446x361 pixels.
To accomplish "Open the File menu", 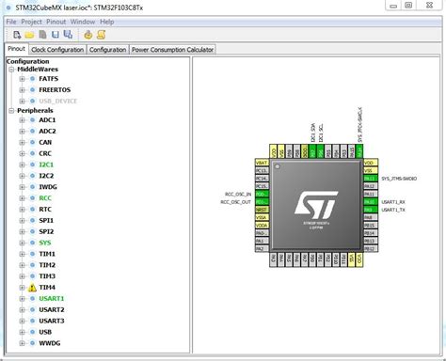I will (x=11, y=21).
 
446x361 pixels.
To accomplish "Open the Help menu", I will (x=107, y=21).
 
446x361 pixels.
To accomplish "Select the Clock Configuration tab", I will (x=57, y=49).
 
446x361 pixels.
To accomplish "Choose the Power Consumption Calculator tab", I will (x=172, y=49).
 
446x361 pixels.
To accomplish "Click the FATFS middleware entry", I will (x=49, y=79).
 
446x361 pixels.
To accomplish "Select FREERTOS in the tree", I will (x=54, y=90).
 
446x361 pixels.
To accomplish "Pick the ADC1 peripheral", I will (x=47, y=120).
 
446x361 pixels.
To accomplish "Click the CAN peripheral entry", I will (x=45, y=143).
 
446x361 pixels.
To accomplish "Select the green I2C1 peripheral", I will (x=47, y=165).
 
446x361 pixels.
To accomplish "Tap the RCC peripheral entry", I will (x=45, y=198).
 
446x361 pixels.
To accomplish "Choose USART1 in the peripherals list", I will (x=52, y=299).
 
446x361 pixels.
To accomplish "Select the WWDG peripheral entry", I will (x=49, y=343).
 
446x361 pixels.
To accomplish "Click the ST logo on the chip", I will (x=310, y=205).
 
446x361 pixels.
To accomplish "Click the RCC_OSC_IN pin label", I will (x=236, y=193).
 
